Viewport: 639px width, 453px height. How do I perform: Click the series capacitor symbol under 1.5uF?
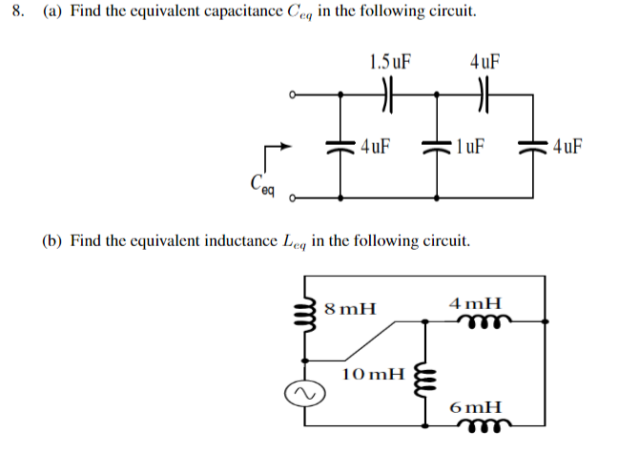(387, 95)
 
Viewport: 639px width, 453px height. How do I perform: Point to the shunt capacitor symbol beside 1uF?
(438, 147)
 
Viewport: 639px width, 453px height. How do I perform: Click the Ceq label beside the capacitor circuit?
(260, 183)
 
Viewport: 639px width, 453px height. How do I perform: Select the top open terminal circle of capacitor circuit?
(294, 95)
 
